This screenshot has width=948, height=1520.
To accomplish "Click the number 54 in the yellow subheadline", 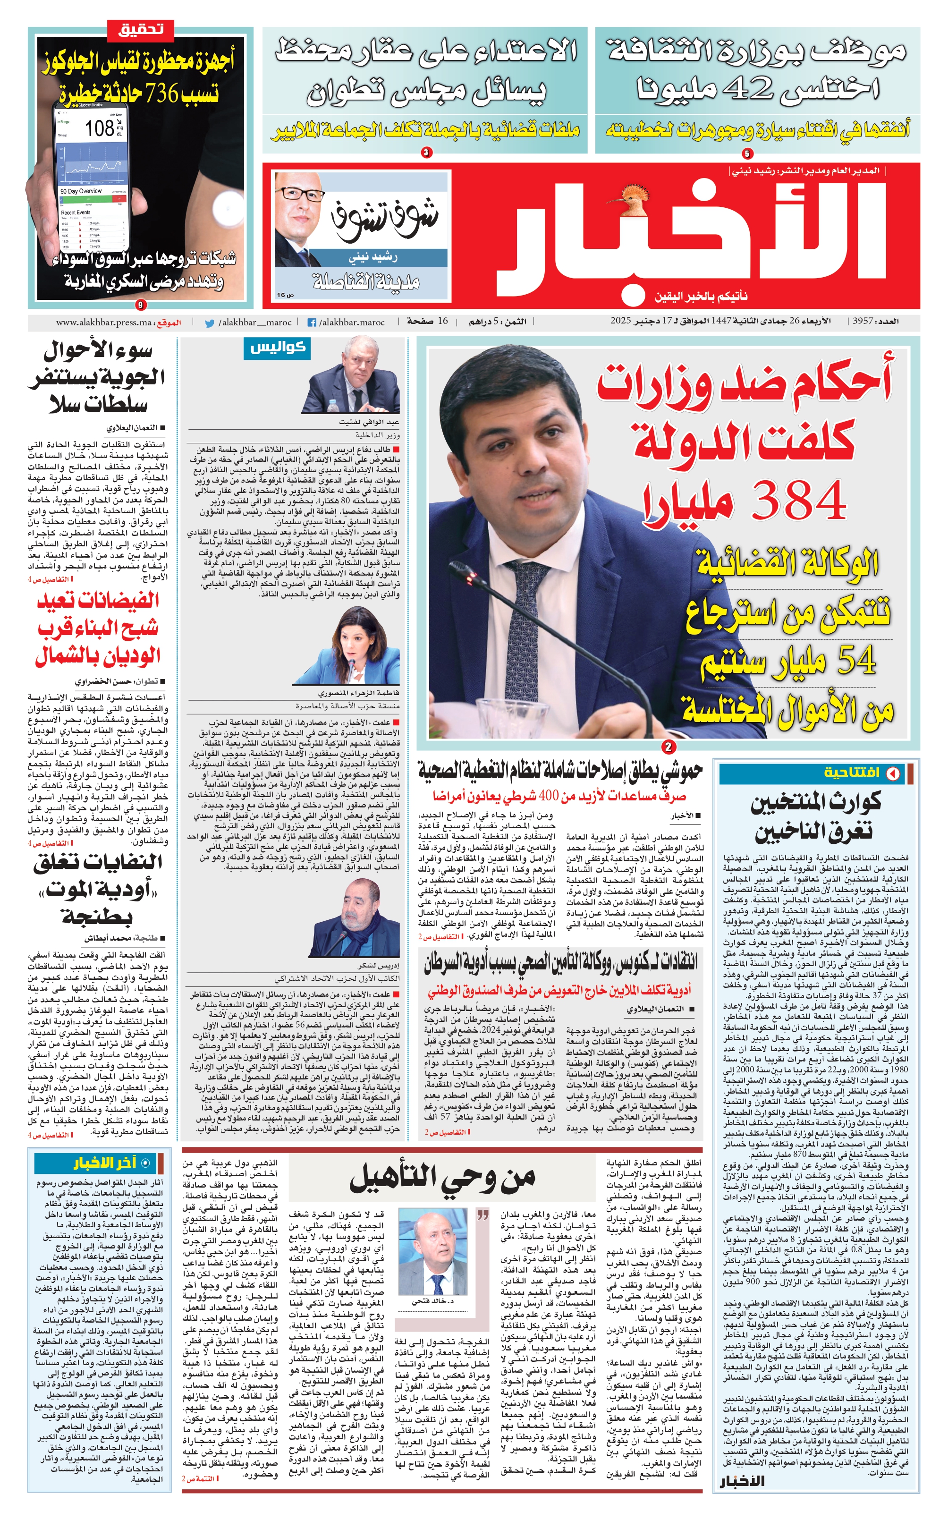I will [x=856, y=661].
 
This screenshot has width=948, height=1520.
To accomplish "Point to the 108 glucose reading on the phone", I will [x=100, y=128].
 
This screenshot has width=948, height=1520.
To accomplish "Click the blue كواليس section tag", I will [x=277, y=348].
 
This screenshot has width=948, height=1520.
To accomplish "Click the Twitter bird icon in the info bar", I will [x=210, y=323].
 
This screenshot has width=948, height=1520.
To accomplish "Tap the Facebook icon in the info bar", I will [x=312, y=323].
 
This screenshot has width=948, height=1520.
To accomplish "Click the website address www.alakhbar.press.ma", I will [x=103, y=323].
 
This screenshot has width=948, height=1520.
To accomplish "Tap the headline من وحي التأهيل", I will [x=442, y=1180].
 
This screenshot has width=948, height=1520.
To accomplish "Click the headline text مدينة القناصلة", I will [x=367, y=283].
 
